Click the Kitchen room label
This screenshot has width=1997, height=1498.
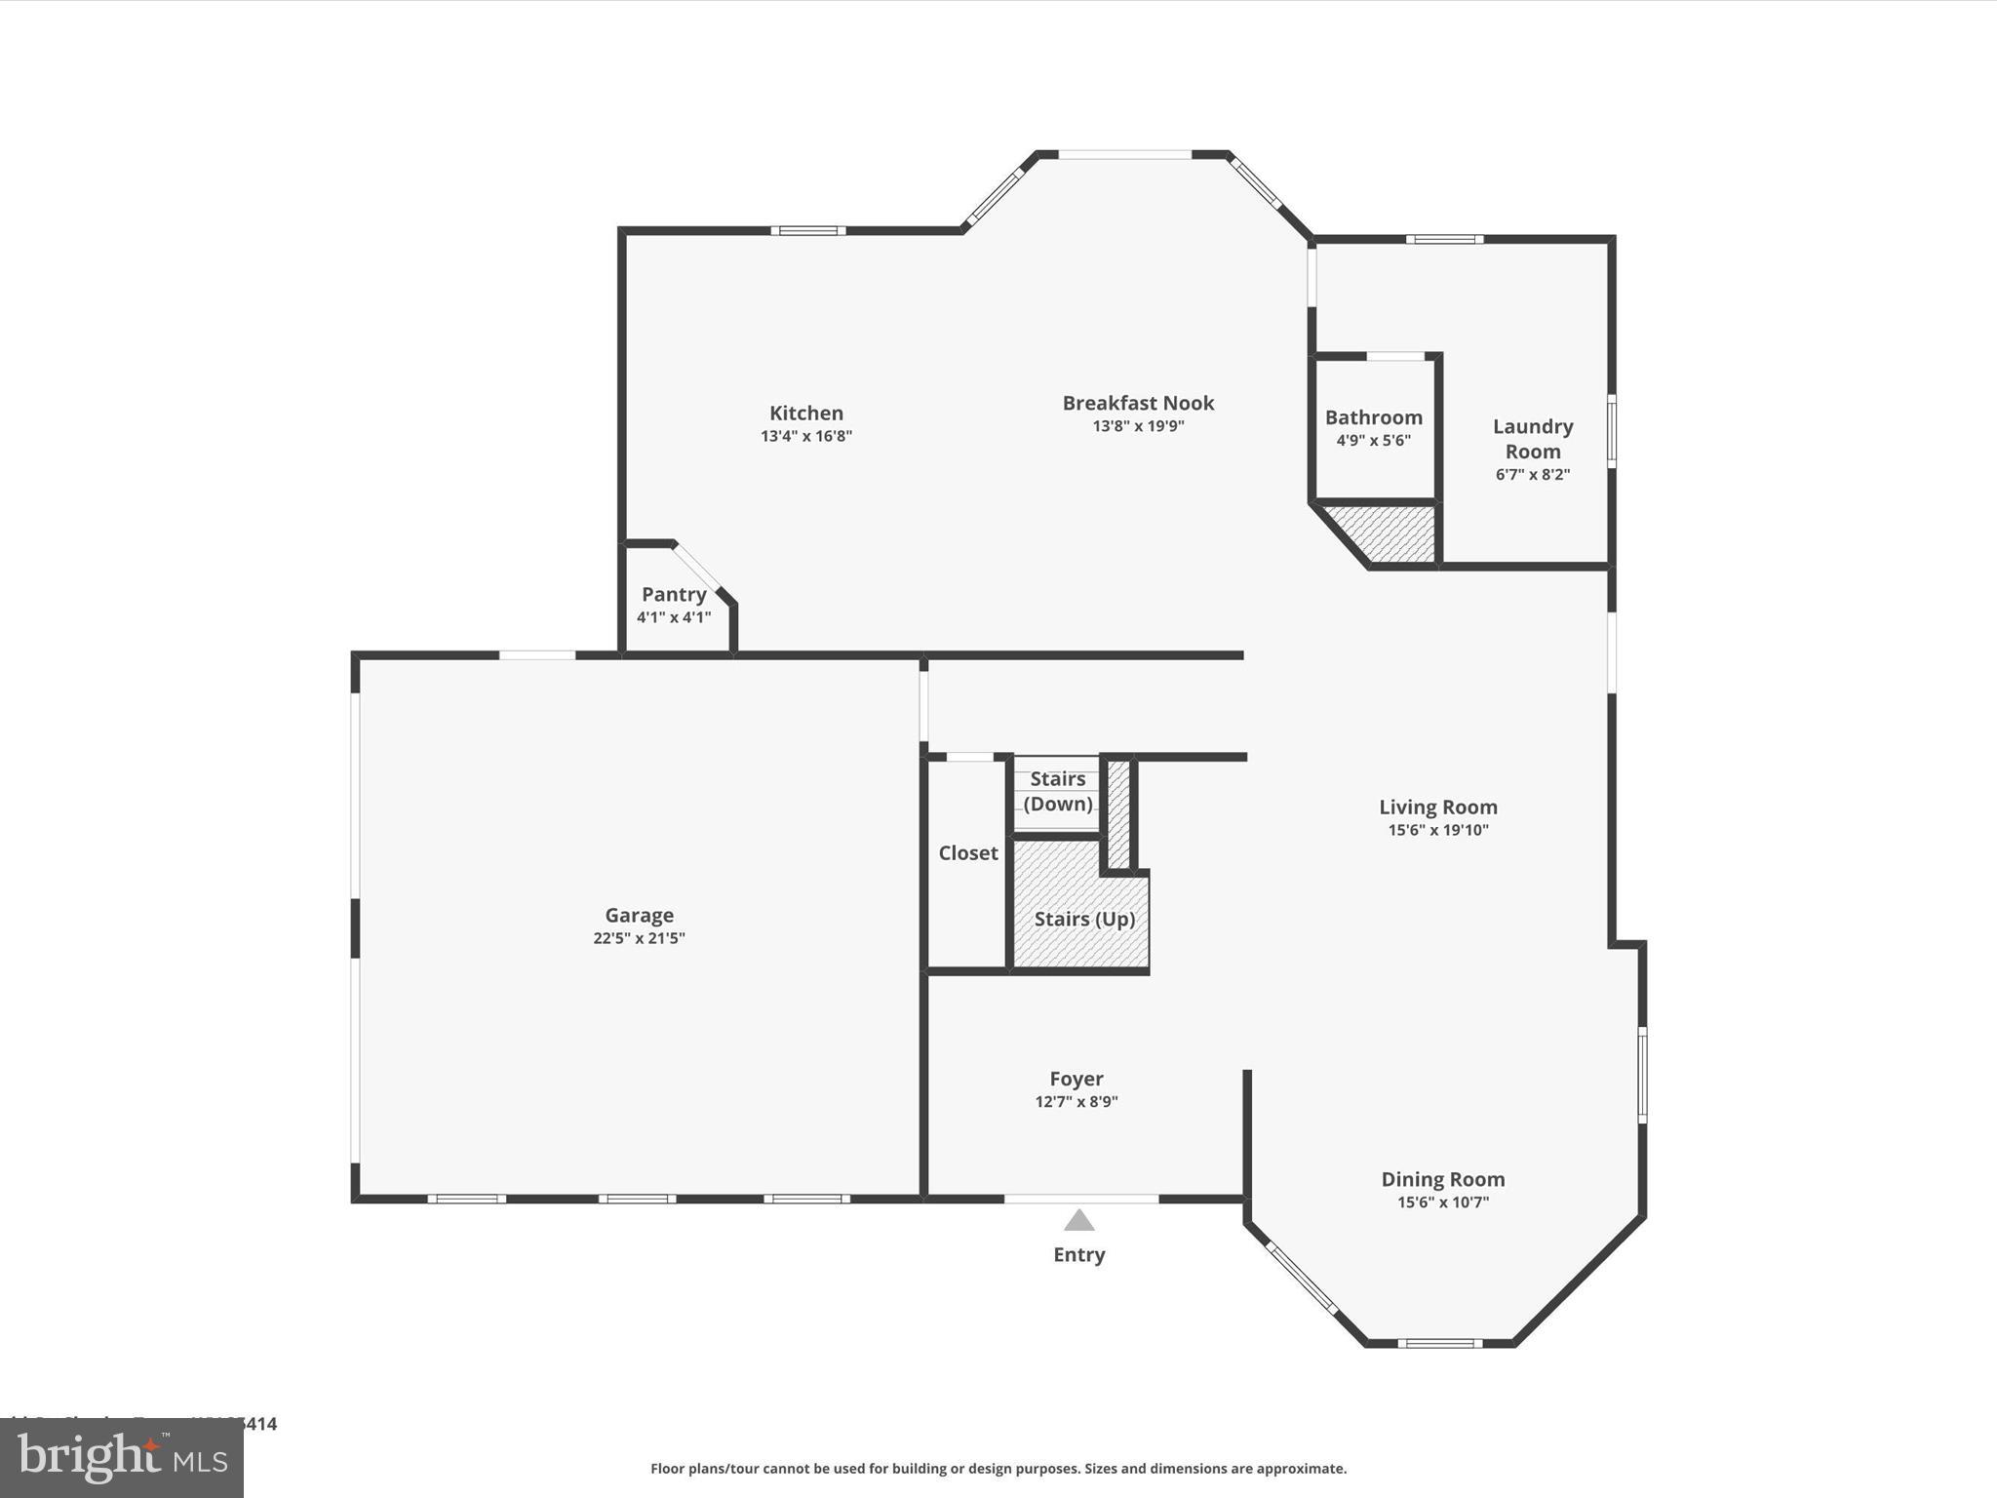click(x=805, y=413)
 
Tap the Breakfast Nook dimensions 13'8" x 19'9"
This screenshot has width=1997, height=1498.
click(x=1138, y=426)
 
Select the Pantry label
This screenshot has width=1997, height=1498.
click(x=673, y=594)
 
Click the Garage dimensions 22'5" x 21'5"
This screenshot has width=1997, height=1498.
click(x=639, y=938)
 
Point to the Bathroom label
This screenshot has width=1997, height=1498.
click(x=1373, y=417)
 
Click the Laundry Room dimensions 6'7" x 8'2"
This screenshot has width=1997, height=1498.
click(x=1532, y=475)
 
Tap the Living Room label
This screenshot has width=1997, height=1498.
click(x=1437, y=807)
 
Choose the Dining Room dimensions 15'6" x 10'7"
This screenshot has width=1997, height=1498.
click(x=1442, y=1202)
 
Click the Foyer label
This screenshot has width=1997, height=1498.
click(x=1076, y=1079)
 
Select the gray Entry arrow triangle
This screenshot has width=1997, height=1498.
click(x=1078, y=1221)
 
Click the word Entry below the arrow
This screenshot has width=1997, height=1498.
click(x=1078, y=1255)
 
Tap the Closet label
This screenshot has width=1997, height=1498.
click(x=967, y=853)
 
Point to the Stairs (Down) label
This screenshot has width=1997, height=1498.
click(x=1057, y=791)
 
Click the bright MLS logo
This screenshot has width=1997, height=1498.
click(x=122, y=1459)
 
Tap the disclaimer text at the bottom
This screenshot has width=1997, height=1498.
click(x=998, y=1469)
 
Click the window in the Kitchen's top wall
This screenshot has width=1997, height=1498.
click(x=807, y=231)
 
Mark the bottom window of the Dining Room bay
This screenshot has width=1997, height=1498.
click(x=1439, y=1344)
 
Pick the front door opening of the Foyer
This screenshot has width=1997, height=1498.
click(x=1080, y=1198)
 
